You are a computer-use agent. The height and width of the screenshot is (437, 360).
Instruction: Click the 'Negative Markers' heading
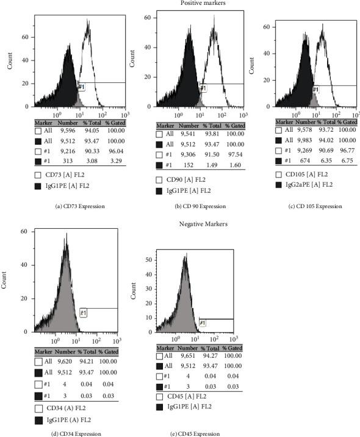pos(186,224)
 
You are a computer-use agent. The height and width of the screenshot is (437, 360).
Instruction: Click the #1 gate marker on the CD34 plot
pos(84,313)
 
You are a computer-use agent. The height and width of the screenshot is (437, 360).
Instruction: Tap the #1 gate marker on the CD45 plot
pos(203,322)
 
